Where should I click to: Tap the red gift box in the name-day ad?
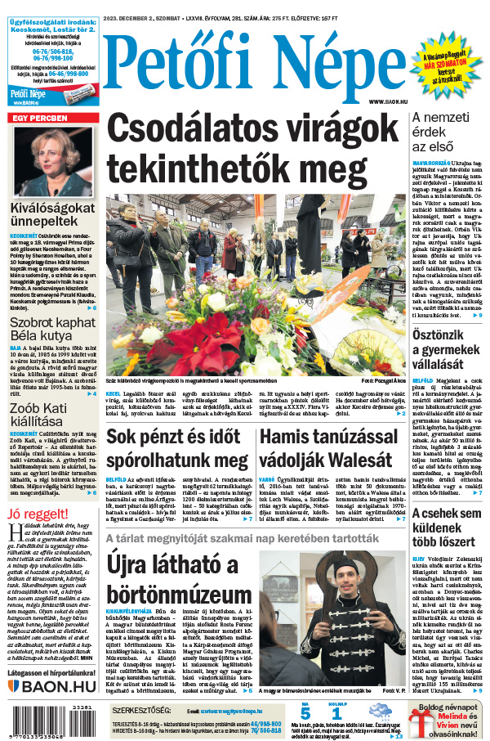(422, 722)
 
